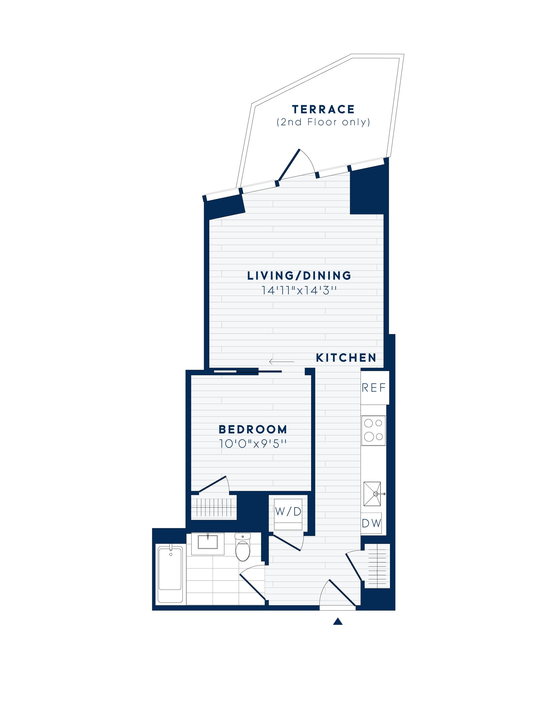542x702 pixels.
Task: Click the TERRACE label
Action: (x=323, y=110)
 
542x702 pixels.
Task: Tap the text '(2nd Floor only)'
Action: (x=323, y=122)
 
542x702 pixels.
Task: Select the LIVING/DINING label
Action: (x=299, y=276)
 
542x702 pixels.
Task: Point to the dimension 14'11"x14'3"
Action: (x=299, y=290)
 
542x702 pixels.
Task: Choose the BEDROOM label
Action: (x=253, y=429)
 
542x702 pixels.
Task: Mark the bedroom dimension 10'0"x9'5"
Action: (x=253, y=444)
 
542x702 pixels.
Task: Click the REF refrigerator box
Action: (x=374, y=388)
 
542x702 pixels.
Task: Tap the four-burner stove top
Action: (x=373, y=430)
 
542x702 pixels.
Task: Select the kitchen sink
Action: (x=372, y=494)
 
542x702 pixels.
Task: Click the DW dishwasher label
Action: (x=371, y=523)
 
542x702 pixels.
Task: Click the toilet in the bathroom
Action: (x=243, y=548)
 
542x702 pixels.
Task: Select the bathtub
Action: (x=170, y=574)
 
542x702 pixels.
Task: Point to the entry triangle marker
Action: (x=337, y=621)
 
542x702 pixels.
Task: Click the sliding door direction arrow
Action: (x=282, y=362)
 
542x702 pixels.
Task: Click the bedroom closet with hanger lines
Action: (x=214, y=508)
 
